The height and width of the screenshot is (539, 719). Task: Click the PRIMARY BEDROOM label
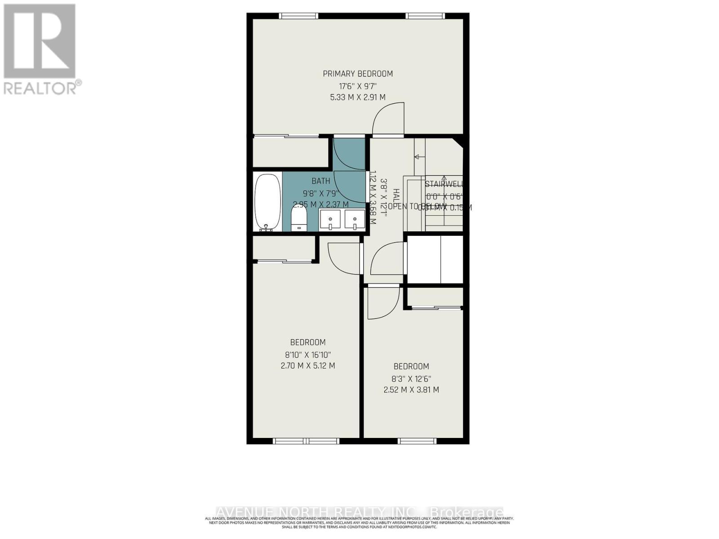point(358,74)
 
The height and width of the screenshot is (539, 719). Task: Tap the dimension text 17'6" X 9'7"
point(358,85)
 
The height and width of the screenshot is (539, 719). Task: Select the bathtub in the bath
point(268,202)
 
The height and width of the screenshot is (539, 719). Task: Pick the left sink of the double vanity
point(332,221)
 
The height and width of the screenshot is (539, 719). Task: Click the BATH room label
point(321,181)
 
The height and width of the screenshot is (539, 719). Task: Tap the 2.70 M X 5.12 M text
point(308,366)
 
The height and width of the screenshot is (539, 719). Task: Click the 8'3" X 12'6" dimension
point(411,378)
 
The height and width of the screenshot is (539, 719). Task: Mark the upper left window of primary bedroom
point(298,16)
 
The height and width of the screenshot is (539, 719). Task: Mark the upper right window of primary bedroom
point(426,16)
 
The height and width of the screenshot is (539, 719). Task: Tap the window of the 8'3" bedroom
point(417,441)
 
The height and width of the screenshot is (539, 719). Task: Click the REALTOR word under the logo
point(40,88)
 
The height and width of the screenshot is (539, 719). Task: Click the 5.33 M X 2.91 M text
point(358,97)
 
